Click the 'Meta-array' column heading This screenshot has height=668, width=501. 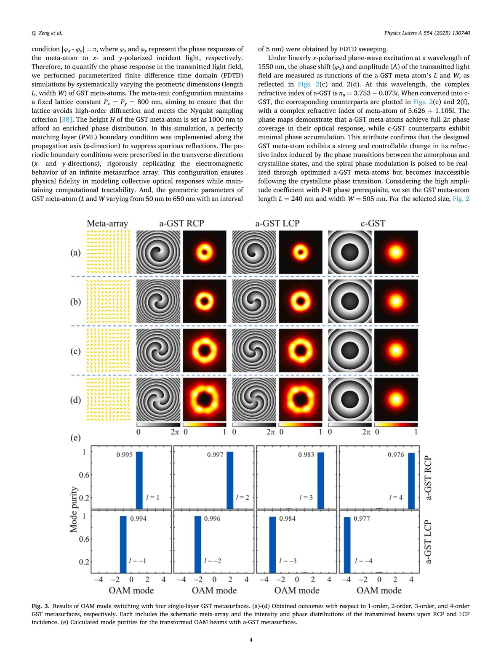(107, 224)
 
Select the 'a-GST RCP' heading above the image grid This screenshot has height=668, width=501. (181, 224)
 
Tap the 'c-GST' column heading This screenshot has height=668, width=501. (373, 224)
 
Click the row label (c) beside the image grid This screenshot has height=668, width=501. (75, 351)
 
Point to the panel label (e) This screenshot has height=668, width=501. (75, 438)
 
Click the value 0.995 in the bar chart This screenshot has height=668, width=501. (124, 455)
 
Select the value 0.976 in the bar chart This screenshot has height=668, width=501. (396, 455)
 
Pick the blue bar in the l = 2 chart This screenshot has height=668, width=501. (230, 480)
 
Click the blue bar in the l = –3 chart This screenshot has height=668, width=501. (272, 545)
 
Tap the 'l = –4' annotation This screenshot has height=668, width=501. (363, 561)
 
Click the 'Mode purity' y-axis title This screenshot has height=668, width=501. (74, 509)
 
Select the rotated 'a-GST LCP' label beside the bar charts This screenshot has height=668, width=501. (429, 542)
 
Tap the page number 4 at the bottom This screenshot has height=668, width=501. (250, 640)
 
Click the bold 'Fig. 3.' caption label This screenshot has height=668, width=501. (41, 606)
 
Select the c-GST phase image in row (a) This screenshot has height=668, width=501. (349, 253)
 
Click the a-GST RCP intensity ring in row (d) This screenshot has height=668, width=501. (205, 400)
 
